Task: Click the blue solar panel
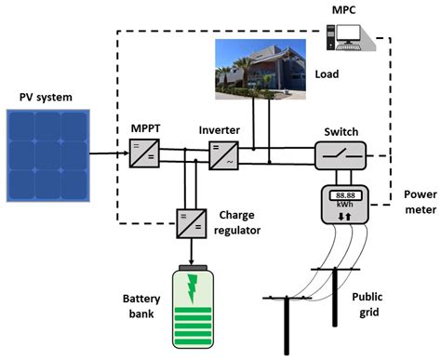pyautogui.click(x=48, y=154)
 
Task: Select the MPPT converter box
pyautogui.click(x=145, y=152)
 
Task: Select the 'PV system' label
pyautogui.click(x=47, y=95)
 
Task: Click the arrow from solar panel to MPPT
pyautogui.click(x=109, y=153)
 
